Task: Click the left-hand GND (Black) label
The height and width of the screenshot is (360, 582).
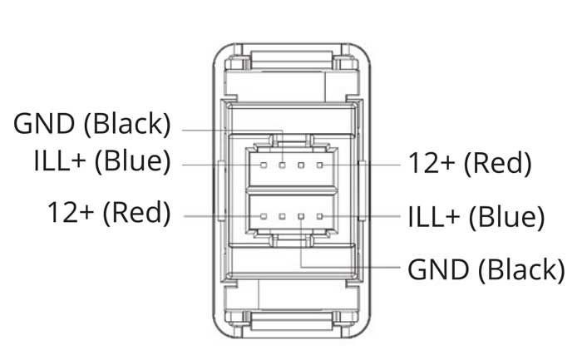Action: pos(92,124)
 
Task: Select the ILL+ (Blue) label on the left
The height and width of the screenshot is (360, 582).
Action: pos(102,161)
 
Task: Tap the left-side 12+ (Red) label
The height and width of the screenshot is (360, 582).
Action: pos(109,213)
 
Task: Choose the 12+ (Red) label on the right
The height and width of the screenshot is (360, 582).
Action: pos(470,163)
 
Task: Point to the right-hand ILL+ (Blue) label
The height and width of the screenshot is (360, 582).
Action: pos(476,217)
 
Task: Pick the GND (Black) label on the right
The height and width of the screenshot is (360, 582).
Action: pos(486,270)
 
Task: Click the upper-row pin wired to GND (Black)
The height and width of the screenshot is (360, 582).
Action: pos(283,165)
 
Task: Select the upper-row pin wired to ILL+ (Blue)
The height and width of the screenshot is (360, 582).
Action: pos(264,165)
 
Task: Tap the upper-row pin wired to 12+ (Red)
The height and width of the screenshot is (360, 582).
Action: pos(319,165)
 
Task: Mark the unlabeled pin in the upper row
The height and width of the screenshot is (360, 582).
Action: pos(301,165)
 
